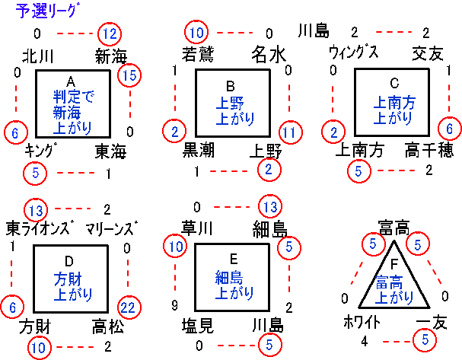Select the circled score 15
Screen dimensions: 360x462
(x=129, y=75)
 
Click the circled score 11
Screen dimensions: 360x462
(x=289, y=131)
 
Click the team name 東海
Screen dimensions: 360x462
(x=111, y=150)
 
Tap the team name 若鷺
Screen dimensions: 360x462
(x=198, y=55)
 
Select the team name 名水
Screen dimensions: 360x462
(x=269, y=55)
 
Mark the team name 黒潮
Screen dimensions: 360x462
(x=199, y=151)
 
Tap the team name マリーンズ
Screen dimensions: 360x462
(x=112, y=228)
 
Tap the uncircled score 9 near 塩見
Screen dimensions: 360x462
(x=174, y=305)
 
